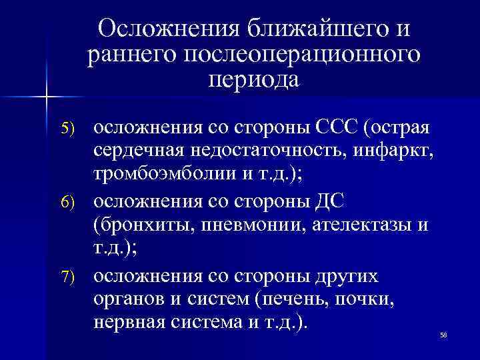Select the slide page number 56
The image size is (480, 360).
(x=443, y=335)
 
